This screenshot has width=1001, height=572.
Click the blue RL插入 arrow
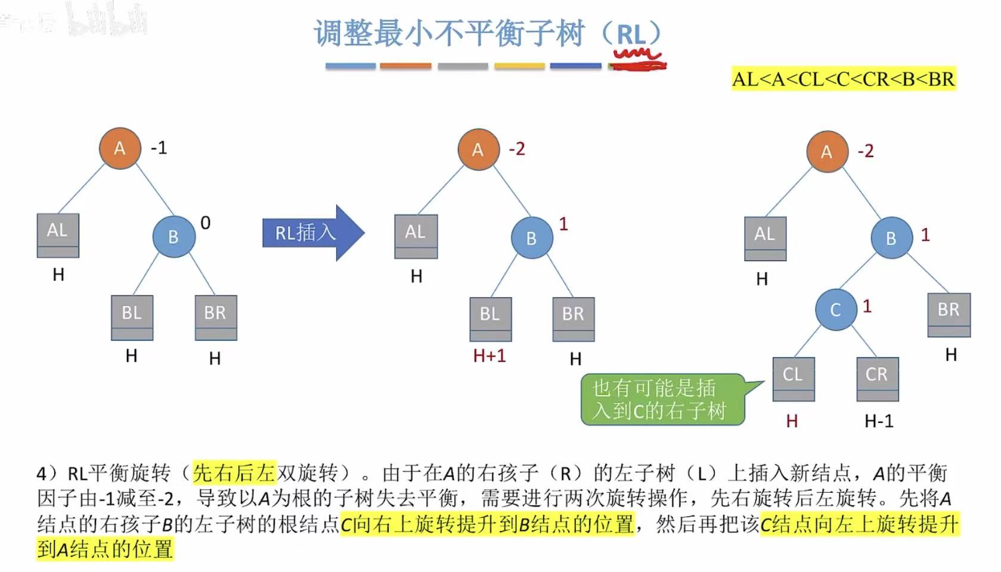pyautogui.click(x=312, y=232)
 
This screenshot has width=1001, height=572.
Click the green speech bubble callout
pyautogui.click(x=662, y=399)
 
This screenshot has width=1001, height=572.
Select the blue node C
pyautogui.click(x=835, y=309)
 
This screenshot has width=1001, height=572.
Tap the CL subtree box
pyautogui.click(x=793, y=378)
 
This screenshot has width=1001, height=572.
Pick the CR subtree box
pyautogui.click(x=877, y=378)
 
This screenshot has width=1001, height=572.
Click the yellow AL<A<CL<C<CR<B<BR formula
pyautogui.click(x=843, y=79)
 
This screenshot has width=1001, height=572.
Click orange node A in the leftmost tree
pyautogui.click(x=120, y=148)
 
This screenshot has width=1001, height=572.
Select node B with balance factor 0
pyautogui.click(x=173, y=237)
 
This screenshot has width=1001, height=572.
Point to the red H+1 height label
pyautogui.click(x=489, y=356)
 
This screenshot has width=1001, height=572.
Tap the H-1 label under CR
pyautogui.click(x=879, y=421)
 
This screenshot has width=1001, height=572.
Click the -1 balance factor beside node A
pyautogui.click(x=159, y=148)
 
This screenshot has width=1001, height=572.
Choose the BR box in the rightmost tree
pyautogui.click(x=949, y=314)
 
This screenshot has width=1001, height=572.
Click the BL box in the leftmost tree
pyautogui.click(x=132, y=317)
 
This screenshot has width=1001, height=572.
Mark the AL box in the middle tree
pyautogui.click(x=416, y=236)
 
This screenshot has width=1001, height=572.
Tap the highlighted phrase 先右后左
pyautogui.click(x=234, y=473)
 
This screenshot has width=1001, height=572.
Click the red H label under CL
pyautogui.click(x=792, y=421)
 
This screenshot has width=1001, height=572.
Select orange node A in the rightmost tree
pyautogui.click(x=827, y=152)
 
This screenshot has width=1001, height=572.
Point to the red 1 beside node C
pyautogui.click(x=867, y=306)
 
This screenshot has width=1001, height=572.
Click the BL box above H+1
pyautogui.click(x=490, y=318)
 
